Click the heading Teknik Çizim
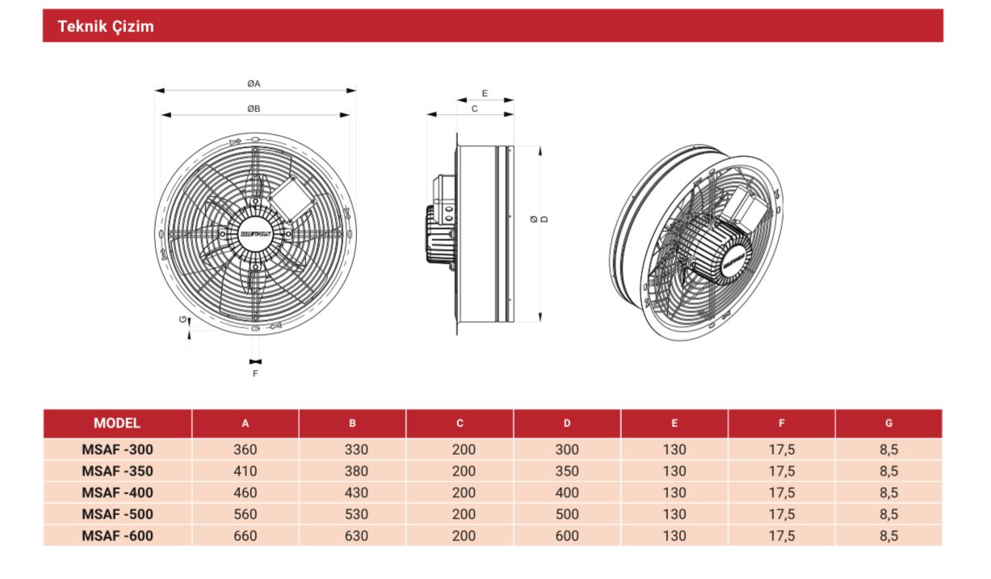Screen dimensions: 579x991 pyautogui.click(x=106, y=27)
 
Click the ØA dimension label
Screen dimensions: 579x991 pyautogui.click(x=254, y=83)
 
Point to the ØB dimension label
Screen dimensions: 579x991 pyautogui.click(x=254, y=108)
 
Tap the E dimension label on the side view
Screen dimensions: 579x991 pyautogui.click(x=485, y=94)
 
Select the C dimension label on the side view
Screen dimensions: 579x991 pyautogui.click(x=474, y=108)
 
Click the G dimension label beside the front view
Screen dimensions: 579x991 pyautogui.click(x=182, y=321)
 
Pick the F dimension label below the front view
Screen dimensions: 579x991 pyautogui.click(x=255, y=374)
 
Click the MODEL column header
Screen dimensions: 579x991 pyautogui.click(x=117, y=423)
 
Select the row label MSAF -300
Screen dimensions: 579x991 pyautogui.click(x=117, y=450)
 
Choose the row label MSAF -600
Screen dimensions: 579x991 pyautogui.click(x=117, y=535)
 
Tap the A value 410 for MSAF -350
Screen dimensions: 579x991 pyautogui.click(x=246, y=471)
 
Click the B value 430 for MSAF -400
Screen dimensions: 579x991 pyautogui.click(x=352, y=492)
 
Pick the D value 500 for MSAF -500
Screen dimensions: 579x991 pyautogui.click(x=567, y=514)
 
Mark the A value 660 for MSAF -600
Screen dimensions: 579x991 pyautogui.click(x=246, y=535)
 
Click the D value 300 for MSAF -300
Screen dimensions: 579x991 pyautogui.click(x=567, y=450)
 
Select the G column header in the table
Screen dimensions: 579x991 pyautogui.click(x=888, y=423)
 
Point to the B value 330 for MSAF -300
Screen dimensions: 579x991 pyautogui.click(x=352, y=450)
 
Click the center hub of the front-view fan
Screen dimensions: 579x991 pyautogui.click(x=255, y=233)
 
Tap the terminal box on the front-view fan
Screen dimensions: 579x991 pyautogui.click(x=287, y=197)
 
